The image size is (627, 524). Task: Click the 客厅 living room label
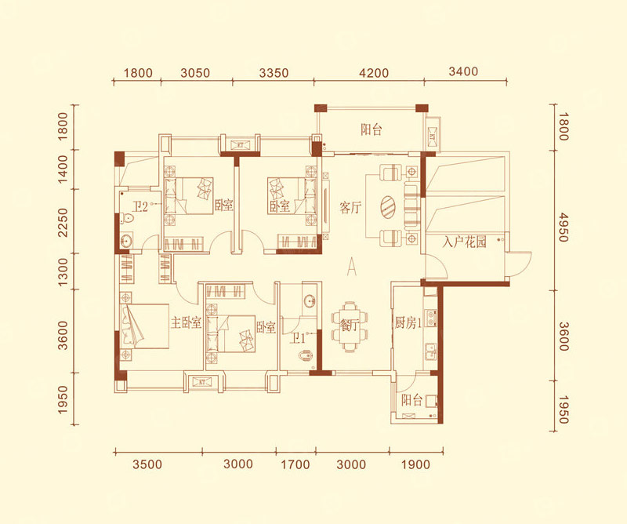tap(350, 207)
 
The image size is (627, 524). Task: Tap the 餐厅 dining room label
tap(350, 325)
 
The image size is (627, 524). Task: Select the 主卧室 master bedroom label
tap(186, 322)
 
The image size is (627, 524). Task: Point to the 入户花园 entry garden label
tap(465, 242)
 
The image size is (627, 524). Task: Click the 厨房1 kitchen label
tap(408, 322)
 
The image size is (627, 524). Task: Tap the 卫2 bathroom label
tap(140, 206)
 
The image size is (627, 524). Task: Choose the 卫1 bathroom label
tap(298, 339)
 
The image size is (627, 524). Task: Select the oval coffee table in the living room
tap(387, 207)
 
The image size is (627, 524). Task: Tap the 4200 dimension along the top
tap(374, 73)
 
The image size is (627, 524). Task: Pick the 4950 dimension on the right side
tap(563, 227)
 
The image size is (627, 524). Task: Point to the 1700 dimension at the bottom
tap(295, 464)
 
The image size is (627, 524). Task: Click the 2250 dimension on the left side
tap(63, 223)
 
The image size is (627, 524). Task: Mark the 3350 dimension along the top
tap(274, 73)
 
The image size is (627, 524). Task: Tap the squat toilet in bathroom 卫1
tap(306, 355)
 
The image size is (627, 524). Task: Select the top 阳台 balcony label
tap(371, 129)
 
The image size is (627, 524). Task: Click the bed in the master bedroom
tap(144, 326)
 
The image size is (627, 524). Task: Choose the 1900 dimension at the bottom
tap(415, 464)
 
